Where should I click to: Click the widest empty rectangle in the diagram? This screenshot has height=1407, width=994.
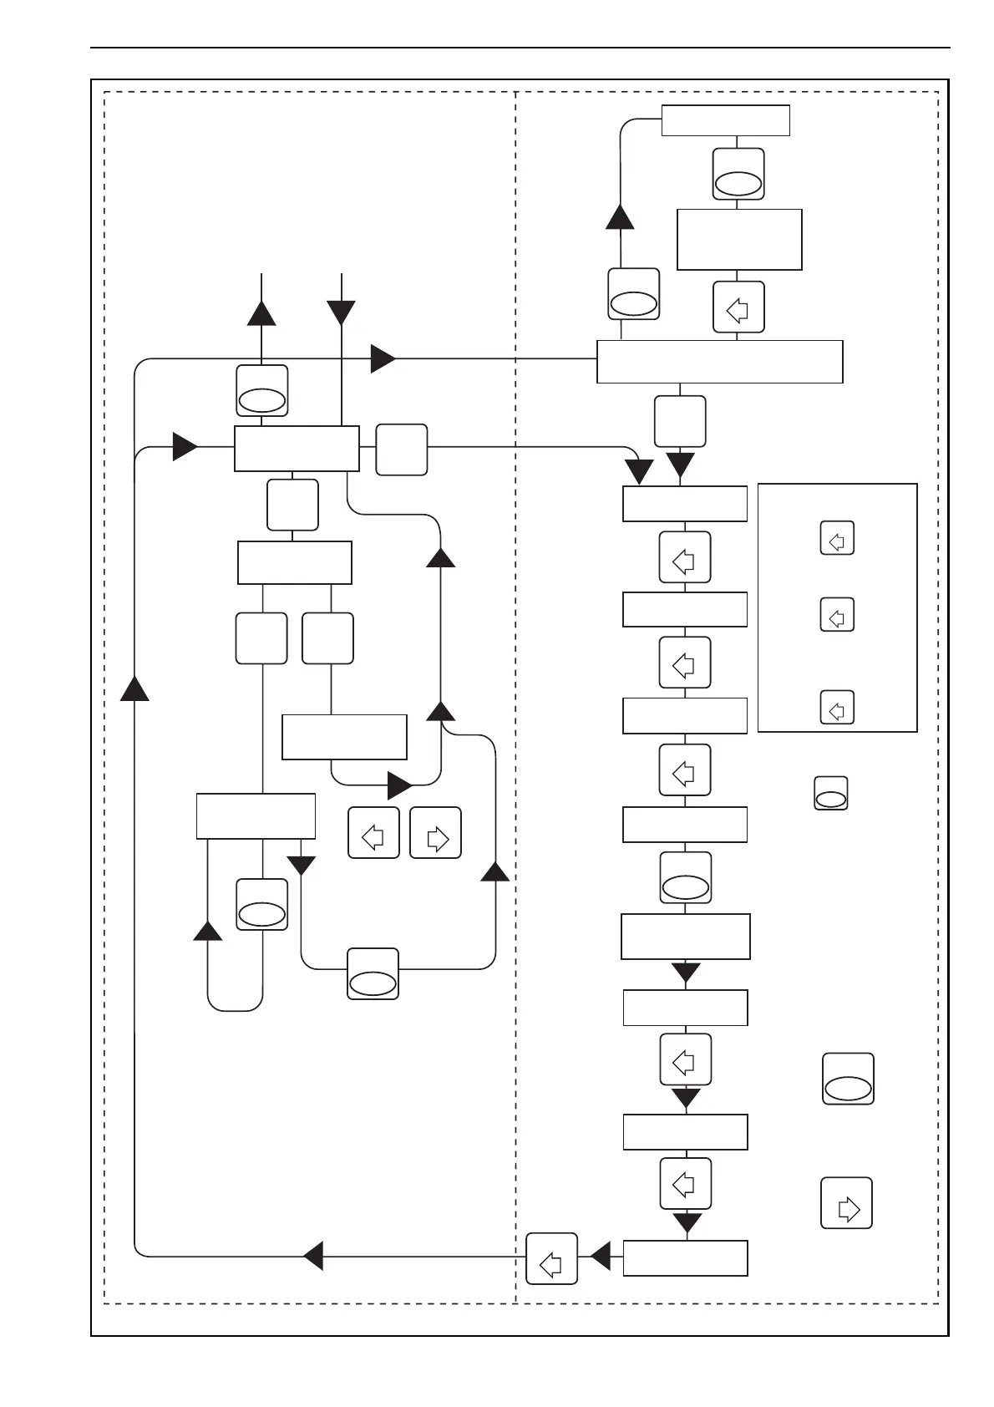[x=719, y=362]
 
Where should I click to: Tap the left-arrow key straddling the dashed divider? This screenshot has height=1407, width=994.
[x=552, y=1258]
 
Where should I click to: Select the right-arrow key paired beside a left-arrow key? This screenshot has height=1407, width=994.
[x=436, y=832]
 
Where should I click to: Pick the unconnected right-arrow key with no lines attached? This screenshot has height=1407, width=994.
[x=846, y=1203]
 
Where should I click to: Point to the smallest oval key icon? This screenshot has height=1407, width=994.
[x=830, y=793]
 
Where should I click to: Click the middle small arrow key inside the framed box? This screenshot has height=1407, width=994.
[x=837, y=614]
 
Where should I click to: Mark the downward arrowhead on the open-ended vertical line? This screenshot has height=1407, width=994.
[x=342, y=313]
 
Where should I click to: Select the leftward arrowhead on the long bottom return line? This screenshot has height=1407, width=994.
[x=312, y=1256]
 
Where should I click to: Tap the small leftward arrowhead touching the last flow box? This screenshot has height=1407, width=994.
[x=600, y=1256]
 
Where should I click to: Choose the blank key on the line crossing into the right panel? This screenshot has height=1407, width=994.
[x=402, y=450]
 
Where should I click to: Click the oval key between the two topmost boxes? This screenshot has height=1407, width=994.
[x=738, y=175]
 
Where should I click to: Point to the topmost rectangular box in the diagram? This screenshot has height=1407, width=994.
[x=725, y=120]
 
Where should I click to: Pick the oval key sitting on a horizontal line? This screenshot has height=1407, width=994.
[x=373, y=974]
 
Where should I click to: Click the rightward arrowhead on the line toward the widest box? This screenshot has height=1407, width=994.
[x=383, y=358]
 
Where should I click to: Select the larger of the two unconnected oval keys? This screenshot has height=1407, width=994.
[x=849, y=1079]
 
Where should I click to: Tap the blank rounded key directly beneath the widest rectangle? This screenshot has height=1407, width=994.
[x=680, y=421]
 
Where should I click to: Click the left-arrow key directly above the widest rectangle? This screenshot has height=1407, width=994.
[x=738, y=307]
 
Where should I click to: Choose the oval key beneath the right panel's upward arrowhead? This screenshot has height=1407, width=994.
[x=634, y=294]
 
